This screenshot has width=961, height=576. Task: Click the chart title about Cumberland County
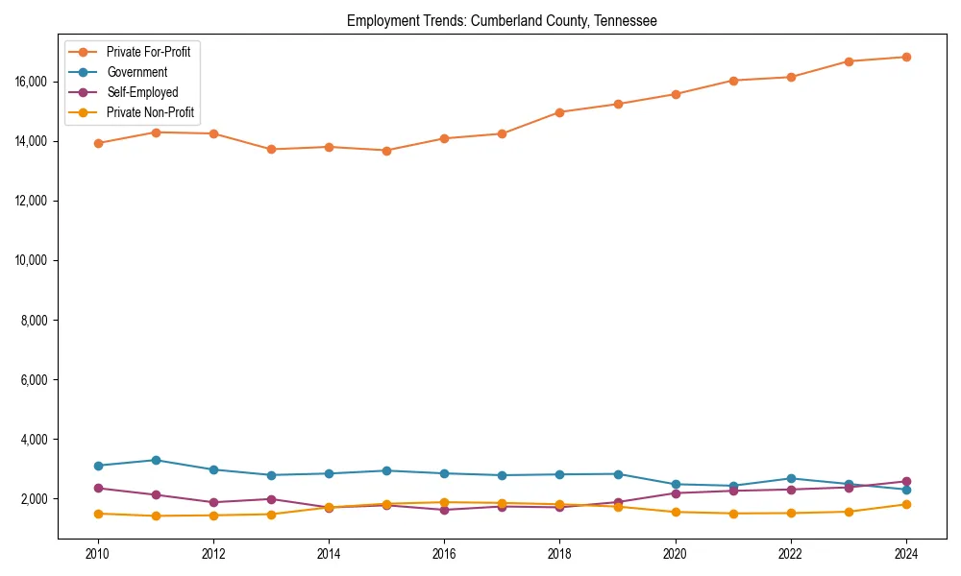[x=502, y=21]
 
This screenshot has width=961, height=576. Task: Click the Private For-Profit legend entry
[x=148, y=52]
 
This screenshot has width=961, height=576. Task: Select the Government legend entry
[x=136, y=72]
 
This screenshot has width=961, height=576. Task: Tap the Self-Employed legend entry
[x=142, y=92]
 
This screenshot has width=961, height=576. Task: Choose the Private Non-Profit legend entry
[x=150, y=112]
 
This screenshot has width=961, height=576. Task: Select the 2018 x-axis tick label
[x=559, y=553]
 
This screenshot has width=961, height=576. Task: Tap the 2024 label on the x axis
[x=906, y=553]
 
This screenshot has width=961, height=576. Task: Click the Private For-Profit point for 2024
[x=906, y=57]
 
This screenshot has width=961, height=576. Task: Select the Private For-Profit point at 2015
[x=386, y=151]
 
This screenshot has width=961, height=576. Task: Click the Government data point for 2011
[x=156, y=460]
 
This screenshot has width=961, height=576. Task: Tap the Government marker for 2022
[x=791, y=478]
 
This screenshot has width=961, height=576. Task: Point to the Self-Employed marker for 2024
[x=906, y=481]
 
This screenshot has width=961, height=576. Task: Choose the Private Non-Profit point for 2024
[x=906, y=504]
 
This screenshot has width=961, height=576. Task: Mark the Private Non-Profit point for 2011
[x=156, y=516]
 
